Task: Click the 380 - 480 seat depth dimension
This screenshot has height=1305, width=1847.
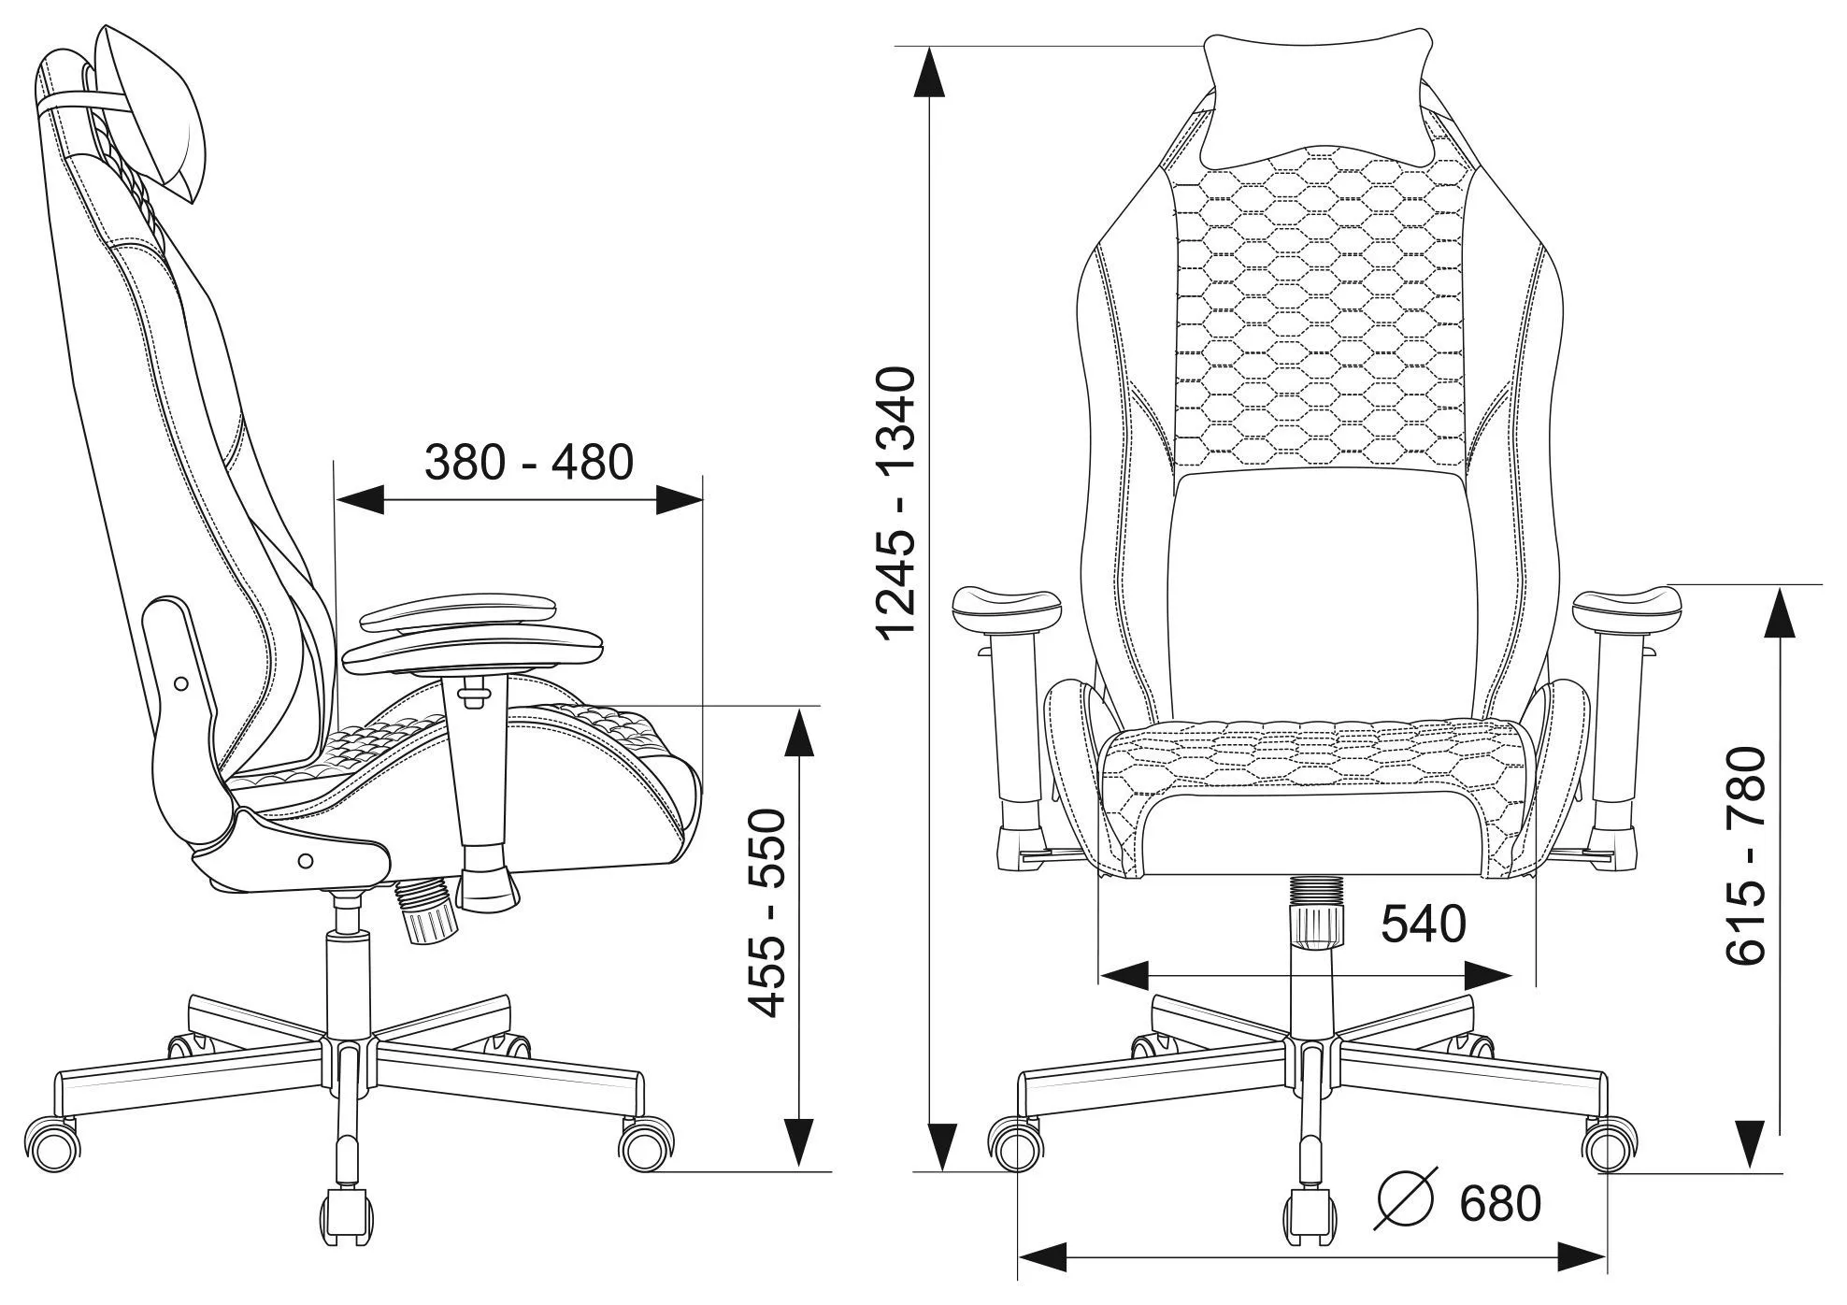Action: (529, 462)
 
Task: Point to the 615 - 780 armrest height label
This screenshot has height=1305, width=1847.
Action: (1744, 854)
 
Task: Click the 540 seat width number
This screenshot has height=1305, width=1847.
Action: (1424, 925)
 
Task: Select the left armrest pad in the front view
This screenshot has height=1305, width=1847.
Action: (1007, 609)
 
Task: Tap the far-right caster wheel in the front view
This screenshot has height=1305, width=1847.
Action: (1610, 1144)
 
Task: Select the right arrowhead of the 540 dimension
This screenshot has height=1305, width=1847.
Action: (1487, 976)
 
